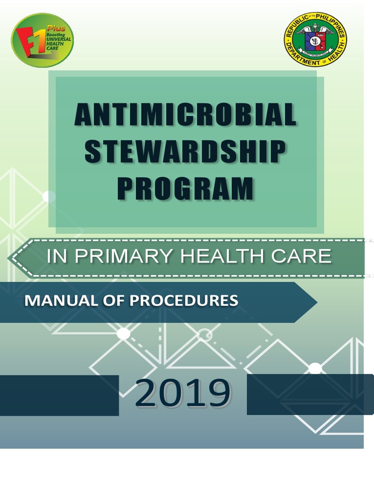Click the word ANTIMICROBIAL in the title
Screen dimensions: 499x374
pos(185,115)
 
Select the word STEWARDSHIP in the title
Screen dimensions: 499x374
pos(185,152)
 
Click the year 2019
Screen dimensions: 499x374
pos(183,394)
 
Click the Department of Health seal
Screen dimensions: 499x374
pos(316,40)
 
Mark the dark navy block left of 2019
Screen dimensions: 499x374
pos(59,395)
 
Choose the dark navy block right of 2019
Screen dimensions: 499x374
pos(310,394)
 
